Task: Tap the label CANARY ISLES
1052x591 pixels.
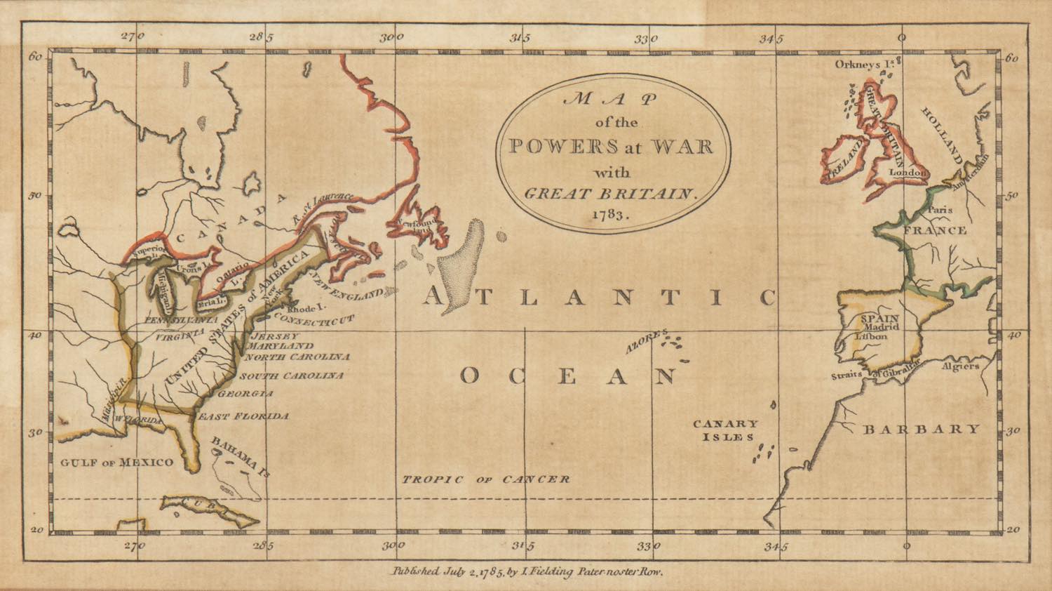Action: point(725,430)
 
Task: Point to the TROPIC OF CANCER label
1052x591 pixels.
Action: point(485,479)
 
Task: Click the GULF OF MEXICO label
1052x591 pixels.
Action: point(116,462)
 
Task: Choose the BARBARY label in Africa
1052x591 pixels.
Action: point(920,429)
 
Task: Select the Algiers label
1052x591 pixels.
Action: point(961,366)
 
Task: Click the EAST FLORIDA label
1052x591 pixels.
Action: point(243,416)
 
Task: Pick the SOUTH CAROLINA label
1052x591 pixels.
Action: point(292,376)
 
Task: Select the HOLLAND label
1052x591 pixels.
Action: point(942,133)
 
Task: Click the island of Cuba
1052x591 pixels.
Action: point(210,510)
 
